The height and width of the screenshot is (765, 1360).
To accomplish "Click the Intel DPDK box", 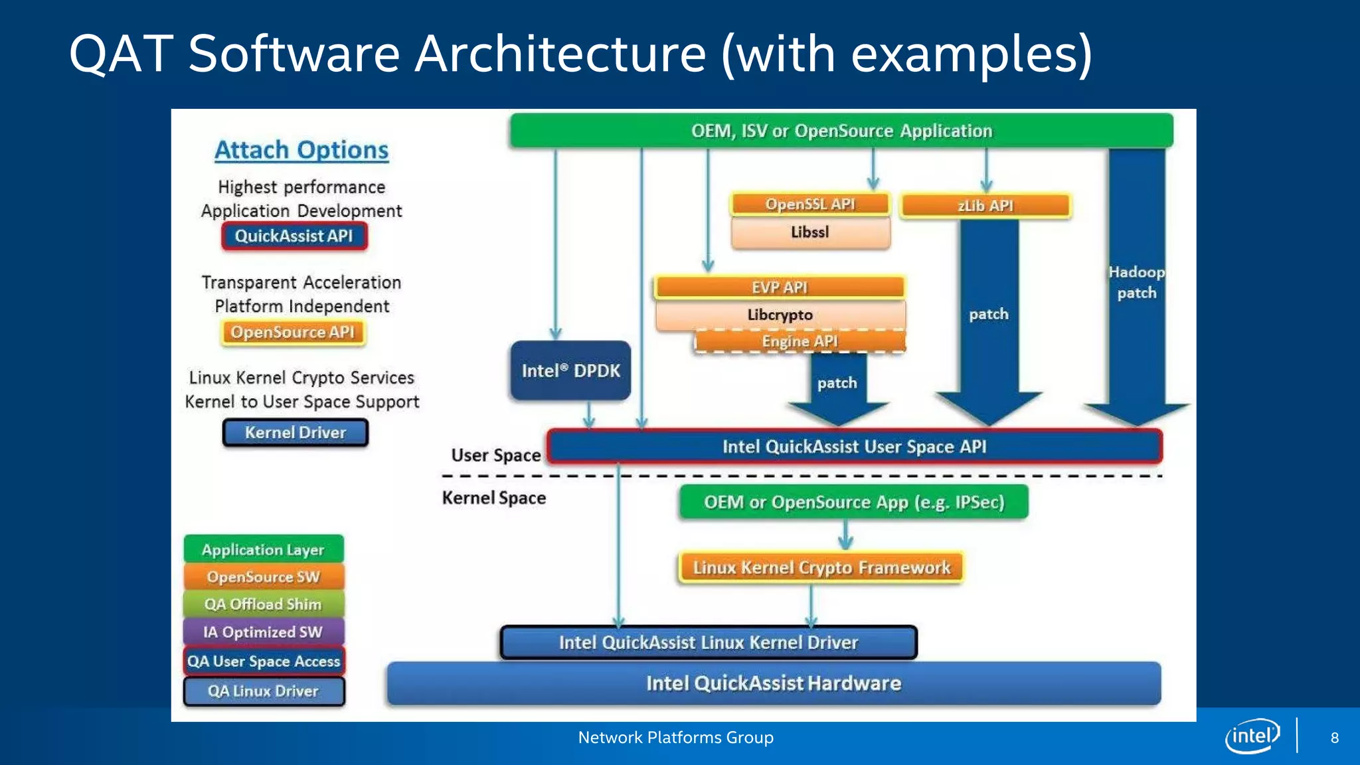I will pos(570,371).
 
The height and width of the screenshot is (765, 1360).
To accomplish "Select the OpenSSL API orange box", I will pos(809,204).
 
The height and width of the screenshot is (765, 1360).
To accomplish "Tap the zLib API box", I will pos(985,206).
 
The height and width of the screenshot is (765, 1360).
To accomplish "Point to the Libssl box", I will pos(809,232).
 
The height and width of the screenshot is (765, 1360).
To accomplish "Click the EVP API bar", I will pos(780,288).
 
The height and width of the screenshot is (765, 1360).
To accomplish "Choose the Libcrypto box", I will pos(780,315).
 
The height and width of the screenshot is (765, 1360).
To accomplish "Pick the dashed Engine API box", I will pos(800,341).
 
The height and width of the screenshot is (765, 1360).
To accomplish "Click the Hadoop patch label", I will pos(1136,282).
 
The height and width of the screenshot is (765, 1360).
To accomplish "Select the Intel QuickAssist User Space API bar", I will pos(854,446).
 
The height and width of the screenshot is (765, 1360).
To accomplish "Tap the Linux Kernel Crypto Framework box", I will pos(821,568).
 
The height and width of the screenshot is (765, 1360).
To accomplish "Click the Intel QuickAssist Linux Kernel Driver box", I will pos(709,642).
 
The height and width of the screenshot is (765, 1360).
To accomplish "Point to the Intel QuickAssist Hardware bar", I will pos(774,683).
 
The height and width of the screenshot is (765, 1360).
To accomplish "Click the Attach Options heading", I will pos(301,150).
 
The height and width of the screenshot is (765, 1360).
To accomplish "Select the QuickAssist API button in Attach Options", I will pos(294,236).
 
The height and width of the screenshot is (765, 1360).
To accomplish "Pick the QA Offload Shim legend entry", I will pos(264,604).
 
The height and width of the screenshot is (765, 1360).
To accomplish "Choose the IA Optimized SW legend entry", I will pos(264,632).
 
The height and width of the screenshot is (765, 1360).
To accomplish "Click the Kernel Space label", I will pos(494,498).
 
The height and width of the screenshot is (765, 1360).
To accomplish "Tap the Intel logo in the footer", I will pos(1252,736).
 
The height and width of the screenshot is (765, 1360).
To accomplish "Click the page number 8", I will pos(1334,738).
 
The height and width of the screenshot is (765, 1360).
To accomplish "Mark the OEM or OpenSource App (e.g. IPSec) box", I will pos(854,502).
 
